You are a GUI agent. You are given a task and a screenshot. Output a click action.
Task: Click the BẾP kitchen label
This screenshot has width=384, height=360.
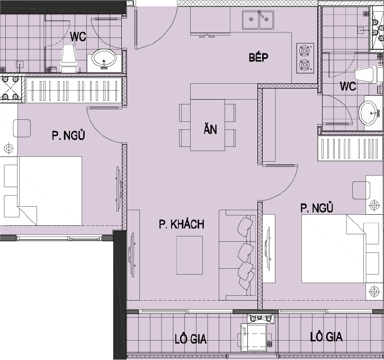pos(258,57)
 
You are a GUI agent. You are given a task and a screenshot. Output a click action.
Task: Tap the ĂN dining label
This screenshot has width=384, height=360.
pos(210,129)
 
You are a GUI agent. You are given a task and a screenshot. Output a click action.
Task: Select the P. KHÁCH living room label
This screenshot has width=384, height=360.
pos(182,224)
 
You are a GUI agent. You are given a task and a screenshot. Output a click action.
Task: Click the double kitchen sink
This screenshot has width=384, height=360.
pos(258,20)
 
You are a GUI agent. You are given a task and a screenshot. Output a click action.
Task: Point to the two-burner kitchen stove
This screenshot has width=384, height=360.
pos(305,58)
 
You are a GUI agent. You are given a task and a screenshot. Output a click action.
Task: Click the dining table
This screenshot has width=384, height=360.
pos(208,125)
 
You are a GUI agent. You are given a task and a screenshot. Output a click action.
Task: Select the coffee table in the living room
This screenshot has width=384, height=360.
pos(190,255)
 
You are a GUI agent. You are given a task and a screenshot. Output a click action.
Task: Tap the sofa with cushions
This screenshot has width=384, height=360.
pos(238,255)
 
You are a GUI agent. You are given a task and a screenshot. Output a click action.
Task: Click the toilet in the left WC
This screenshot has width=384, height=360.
pos(68,58)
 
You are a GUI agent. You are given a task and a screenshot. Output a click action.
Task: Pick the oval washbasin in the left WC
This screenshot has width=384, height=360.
pos(104,59)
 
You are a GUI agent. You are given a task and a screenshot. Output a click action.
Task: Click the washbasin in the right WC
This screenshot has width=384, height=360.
pos(368,113)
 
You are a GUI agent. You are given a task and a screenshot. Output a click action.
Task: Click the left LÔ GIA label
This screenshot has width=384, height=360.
pos(191,339)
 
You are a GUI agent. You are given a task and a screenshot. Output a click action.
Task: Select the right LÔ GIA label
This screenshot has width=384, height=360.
pos(326,337)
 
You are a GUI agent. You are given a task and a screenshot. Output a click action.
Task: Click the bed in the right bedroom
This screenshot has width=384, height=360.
pos(334,249)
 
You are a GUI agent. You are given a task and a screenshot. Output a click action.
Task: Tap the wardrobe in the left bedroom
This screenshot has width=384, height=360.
pos(74,90)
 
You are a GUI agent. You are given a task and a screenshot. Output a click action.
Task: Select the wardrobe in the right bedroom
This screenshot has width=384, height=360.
pos(351,149)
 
